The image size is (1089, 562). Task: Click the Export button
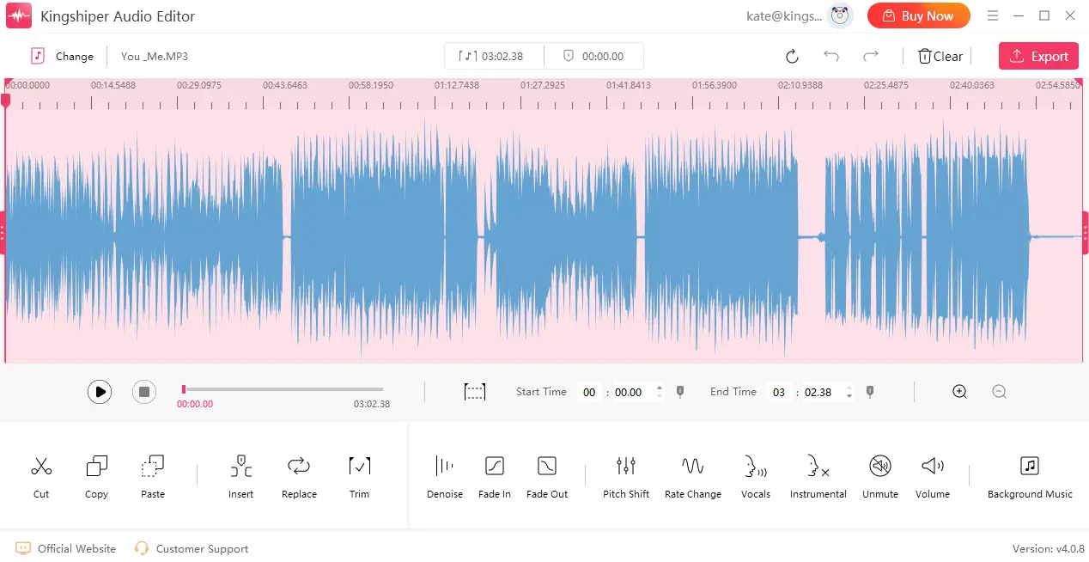tap(1038, 56)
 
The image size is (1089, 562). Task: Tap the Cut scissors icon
tap(41, 467)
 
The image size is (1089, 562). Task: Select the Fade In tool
tap(495, 467)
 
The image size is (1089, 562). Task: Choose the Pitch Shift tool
tap(626, 467)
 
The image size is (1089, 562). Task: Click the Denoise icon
tap(444, 467)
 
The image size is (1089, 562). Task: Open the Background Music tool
tap(1030, 467)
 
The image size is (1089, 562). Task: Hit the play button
tap(100, 392)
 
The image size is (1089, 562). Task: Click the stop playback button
tap(144, 392)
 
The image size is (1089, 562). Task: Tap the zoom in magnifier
tap(960, 392)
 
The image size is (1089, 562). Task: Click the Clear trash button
tap(940, 56)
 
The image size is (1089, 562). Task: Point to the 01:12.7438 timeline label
tap(457, 85)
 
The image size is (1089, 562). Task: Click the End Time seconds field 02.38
tap(818, 392)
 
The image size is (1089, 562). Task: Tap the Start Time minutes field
tap(589, 392)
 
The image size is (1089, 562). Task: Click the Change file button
tap(63, 56)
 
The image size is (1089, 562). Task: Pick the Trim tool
tap(359, 467)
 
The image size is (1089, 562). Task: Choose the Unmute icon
tap(879, 467)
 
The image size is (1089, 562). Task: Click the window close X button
tap(1070, 15)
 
